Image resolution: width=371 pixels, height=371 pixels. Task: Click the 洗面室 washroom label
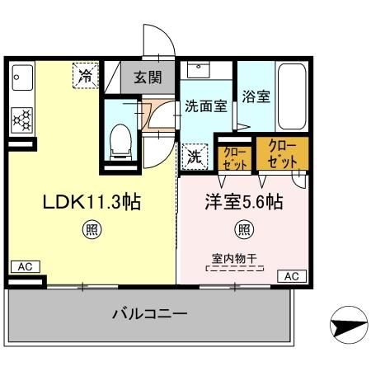tap(205, 106)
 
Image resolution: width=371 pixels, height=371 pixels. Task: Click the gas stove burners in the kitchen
tap(20, 120)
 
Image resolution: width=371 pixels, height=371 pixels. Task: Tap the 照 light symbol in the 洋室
tap(244, 229)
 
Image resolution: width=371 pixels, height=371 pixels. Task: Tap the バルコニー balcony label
tap(149, 315)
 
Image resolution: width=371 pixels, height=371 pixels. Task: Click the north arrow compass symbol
tap(345, 326)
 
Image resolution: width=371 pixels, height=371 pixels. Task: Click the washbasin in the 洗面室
tap(197, 70)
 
